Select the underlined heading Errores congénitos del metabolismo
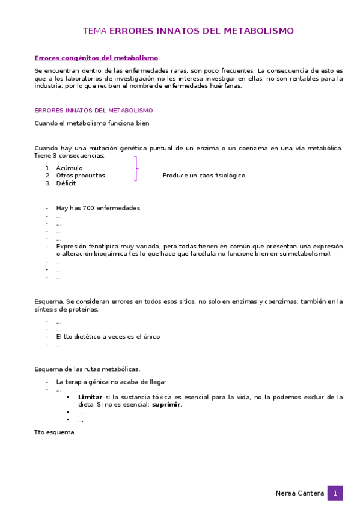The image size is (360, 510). pos(96,58)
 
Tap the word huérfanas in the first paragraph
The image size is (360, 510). pos(225,85)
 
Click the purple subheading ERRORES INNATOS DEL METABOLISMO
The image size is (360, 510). pos(94,111)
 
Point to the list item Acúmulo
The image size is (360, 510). pos(69,168)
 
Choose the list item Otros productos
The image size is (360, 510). pos(81,176)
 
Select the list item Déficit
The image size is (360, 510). pos(66,183)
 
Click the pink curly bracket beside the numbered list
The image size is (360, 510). pos(136,168)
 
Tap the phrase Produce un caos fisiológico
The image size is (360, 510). pos(204,176)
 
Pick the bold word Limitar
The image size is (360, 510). pos(90,397)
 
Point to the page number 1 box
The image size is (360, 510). pos(335,493)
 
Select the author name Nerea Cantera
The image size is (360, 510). pos(299,493)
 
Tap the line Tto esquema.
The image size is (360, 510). pos(55,432)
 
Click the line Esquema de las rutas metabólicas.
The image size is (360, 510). pos(87,369)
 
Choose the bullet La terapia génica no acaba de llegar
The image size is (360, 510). pos(111,382)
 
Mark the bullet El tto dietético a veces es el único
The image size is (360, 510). pos(108,337)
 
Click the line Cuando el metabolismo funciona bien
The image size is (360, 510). pos(92,123)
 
